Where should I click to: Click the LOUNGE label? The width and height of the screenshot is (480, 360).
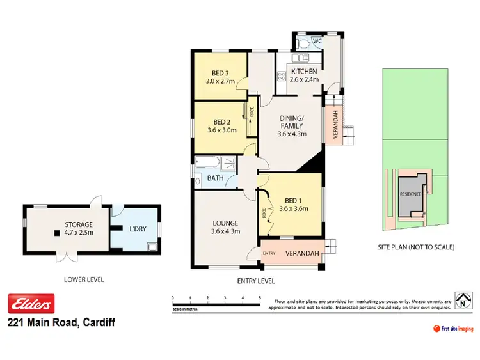226,223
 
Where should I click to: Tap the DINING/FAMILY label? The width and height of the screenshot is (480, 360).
292,122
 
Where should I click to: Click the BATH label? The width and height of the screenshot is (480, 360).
215,178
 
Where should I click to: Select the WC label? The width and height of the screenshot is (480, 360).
316,42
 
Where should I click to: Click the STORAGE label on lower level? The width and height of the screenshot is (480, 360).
79,224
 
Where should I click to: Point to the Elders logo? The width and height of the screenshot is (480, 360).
31,302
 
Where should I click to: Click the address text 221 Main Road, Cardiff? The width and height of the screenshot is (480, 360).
61,323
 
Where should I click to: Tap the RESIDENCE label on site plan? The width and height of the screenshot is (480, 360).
410,194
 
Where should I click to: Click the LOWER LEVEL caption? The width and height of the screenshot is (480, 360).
84,279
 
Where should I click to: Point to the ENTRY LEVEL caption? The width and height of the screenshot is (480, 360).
256,281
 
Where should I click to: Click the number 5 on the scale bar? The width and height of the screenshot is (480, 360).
259,298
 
